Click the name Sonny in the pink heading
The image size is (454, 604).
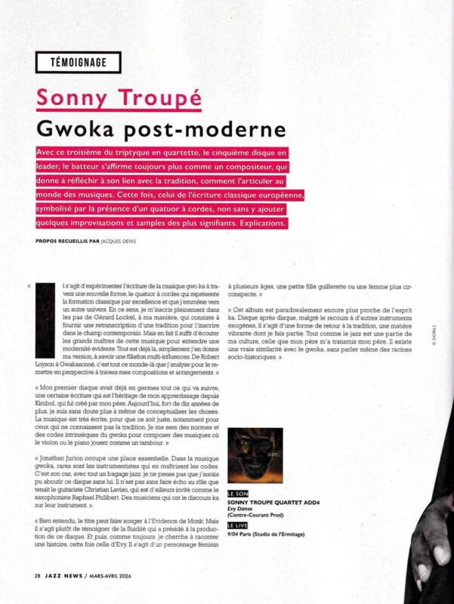tap(65, 97)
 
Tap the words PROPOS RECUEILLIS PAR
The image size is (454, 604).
tap(67, 242)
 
